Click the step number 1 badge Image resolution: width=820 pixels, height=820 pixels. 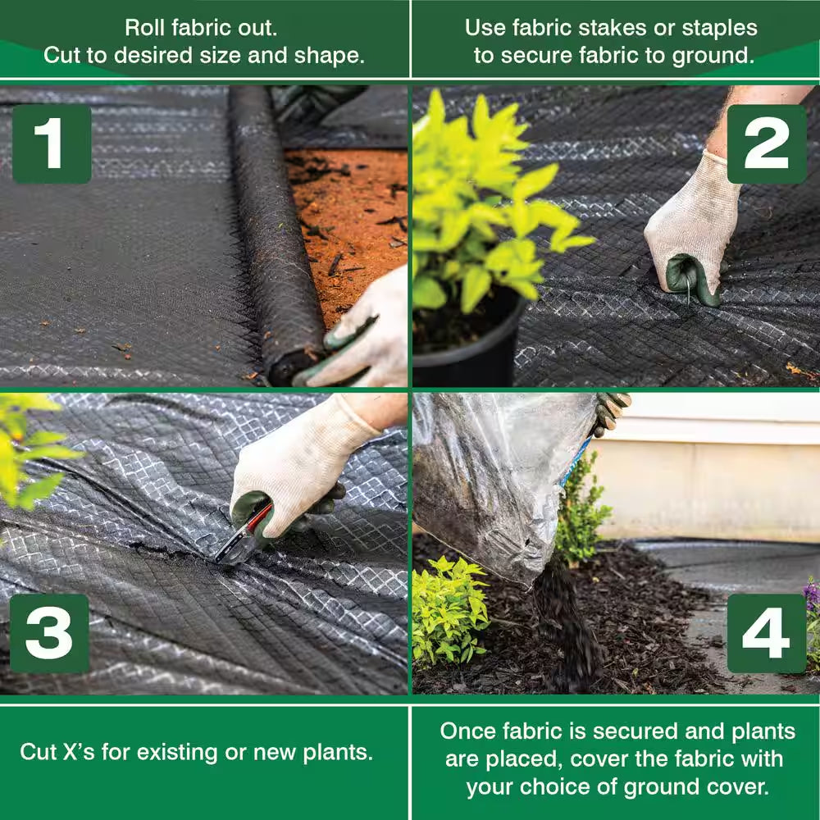tap(51, 144)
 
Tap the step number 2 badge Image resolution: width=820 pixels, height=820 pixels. tap(766, 144)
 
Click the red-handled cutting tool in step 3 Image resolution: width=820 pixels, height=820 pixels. tap(244, 535)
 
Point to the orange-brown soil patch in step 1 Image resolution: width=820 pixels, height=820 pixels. tap(353, 213)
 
